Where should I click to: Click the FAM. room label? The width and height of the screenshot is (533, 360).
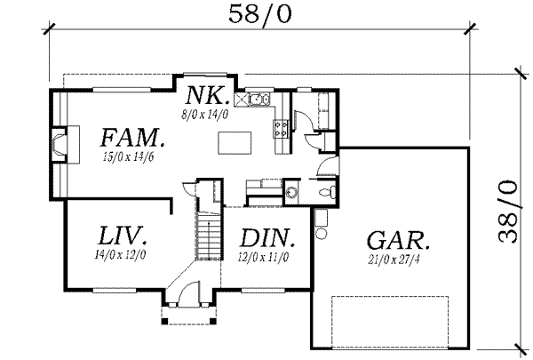(x=131, y=138)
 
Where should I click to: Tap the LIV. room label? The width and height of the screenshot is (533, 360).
(x=121, y=237)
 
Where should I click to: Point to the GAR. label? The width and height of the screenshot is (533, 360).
(x=399, y=240)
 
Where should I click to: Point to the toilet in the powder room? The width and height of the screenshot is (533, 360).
(x=329, y=190)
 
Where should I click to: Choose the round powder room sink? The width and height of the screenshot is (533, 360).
(x=293, y=190)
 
